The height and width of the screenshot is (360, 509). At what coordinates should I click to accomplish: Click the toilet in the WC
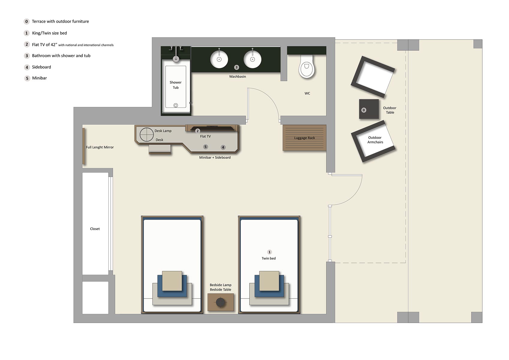[307, 66]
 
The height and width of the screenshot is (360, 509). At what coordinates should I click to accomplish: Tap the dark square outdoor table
[369, 109]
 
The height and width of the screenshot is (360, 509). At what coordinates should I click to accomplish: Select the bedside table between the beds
[220, 302]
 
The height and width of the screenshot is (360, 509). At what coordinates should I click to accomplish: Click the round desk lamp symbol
[147, 134]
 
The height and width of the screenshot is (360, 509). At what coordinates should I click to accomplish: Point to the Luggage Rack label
[304, 138]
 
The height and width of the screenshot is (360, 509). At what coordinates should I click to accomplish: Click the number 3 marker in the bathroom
[236, 67]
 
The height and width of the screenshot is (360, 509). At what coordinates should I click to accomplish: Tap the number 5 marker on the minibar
[205, 147]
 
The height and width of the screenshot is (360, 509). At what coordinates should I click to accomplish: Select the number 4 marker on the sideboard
[223, 147]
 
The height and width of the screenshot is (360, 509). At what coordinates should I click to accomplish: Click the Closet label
[95, 229]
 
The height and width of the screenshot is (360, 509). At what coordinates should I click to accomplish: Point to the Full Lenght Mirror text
[100, 147]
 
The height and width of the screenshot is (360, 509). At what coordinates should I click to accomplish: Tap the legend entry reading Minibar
[39, 78]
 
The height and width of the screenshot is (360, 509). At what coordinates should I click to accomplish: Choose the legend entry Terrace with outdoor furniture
[60, 21]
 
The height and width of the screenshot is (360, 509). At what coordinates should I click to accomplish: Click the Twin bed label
[268, 258]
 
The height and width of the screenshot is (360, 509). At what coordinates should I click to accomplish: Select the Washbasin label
[238, 76]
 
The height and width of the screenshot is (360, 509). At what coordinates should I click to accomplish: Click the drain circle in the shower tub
[176, 105]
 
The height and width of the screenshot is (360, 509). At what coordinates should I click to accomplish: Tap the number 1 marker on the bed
[270, 252]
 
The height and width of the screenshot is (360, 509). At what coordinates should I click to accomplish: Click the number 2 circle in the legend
[27, 44]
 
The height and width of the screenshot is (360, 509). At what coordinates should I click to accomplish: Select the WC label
[307, 93]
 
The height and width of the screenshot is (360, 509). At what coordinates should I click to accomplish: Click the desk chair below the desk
[160, 149]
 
